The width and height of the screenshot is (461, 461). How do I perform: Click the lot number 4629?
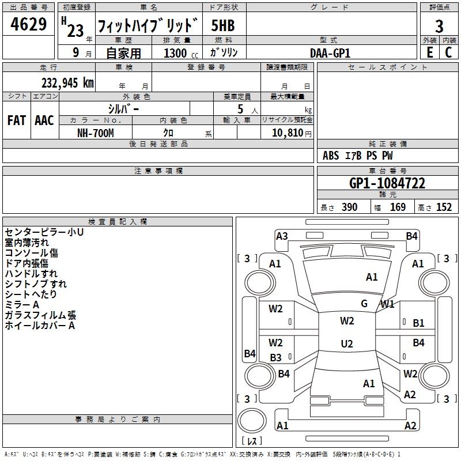tap(28, 24)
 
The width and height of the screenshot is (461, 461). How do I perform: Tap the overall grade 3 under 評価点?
tap(439, 27)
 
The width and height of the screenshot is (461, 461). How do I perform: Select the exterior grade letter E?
tap(430, 52)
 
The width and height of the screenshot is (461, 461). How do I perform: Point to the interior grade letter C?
tap(448, 52)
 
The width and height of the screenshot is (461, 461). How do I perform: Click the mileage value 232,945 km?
tap(67, 83)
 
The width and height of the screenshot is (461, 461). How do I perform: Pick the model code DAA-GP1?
tap(330, 53)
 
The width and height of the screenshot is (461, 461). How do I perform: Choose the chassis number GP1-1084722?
tap(387, 183)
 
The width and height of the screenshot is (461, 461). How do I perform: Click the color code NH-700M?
tap(96, 133)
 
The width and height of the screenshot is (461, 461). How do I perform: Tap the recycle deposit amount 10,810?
tap(287, 133)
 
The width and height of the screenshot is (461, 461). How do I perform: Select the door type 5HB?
tap(223, 25)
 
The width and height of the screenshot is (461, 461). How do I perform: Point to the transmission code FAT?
tap(17, 120)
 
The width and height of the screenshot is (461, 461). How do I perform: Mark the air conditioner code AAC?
tap(44, 120)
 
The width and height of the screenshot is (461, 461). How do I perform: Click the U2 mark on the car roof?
tap(347, 343)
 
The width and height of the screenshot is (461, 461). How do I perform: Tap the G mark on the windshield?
tap(364, 304)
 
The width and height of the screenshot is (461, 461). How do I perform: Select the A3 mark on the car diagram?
tap(282, 236)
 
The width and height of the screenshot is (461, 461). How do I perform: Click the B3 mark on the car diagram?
tap(276, 358)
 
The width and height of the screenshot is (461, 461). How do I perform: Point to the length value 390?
tap(350, 207)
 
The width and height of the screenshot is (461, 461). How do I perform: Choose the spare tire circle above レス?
tap(252, 421)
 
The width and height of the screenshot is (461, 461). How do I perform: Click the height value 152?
tap(444, 207)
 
